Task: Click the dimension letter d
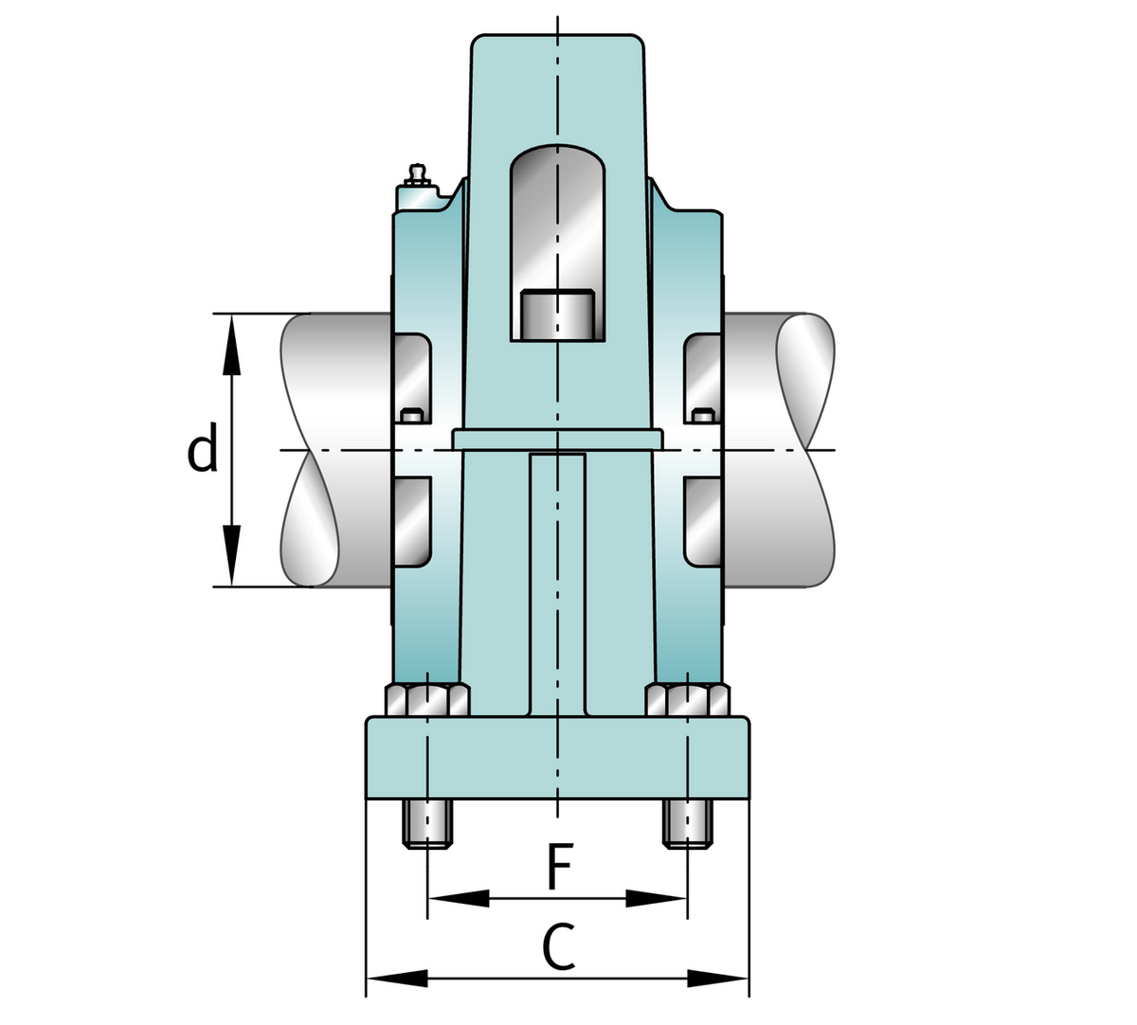pos(203,451)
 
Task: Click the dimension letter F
pos(560,867)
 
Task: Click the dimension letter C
pos(559,947)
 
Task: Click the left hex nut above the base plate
pos(427,701)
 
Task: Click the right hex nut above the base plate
pos(688,701)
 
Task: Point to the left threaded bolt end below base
pos(428,824)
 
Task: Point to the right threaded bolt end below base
pos(688,824)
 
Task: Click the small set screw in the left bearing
pos(411,415)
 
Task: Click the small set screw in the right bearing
pos(701,415)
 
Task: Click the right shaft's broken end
pos(806,450)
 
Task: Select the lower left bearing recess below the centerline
pos(411,521)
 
